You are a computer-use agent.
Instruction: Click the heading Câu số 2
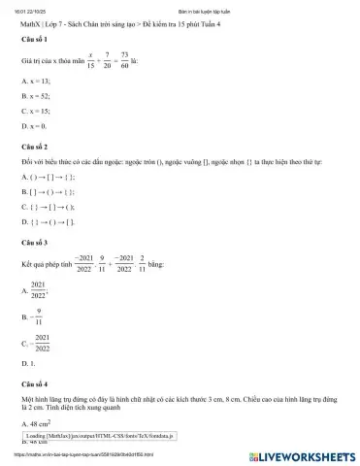36,143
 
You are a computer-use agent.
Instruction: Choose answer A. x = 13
36,82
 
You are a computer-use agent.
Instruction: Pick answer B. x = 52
36,97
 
